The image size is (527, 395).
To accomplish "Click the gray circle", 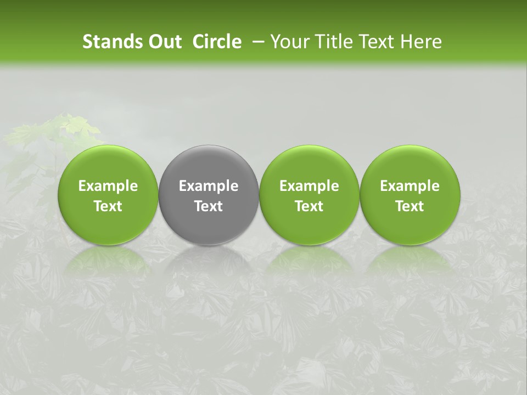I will tap(209, 195).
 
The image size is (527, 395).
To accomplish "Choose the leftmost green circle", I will tap(108, 195).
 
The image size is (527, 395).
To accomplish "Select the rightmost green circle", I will tap(410, 195).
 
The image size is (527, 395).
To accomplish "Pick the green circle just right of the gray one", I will tap(309, 195).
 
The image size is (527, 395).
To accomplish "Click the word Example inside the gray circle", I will tap(209, 186).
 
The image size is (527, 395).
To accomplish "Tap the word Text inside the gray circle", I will tap(209, 206).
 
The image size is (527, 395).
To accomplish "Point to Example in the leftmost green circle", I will tap(108, 186).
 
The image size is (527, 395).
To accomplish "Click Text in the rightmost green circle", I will tap(410, 206).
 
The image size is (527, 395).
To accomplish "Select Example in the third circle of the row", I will tap(309, 186).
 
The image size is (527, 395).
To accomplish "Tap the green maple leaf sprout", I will tap(60, 132).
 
